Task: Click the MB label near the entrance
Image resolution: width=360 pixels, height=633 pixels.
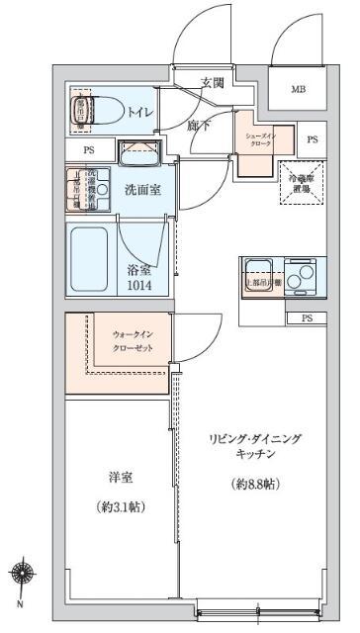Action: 298,90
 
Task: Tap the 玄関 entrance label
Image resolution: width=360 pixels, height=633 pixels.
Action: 212,83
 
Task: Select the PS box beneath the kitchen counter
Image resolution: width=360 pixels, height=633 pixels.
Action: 307,317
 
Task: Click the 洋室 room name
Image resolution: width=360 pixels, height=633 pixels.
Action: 121,478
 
